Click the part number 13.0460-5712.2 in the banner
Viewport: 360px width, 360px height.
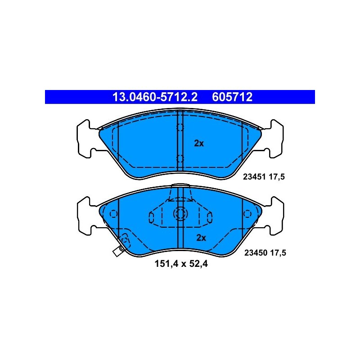[155, 97]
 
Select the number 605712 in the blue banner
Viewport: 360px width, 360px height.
[232, 97]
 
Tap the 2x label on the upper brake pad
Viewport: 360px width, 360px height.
[199, 143]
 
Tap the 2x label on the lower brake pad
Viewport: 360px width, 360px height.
[201, 238]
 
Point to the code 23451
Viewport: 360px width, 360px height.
[254, 177]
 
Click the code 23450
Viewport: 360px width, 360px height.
[256, 253]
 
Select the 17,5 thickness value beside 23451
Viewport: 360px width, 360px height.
[277, 177]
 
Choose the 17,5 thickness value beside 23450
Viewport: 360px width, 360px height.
[278, 253]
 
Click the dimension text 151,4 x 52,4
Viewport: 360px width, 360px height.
[181, 264]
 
